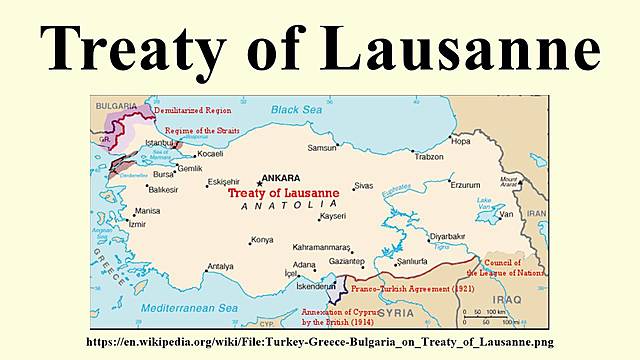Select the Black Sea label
pos(295,109)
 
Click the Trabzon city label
pos(429,157)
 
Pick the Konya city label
pos(262,240)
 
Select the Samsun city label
pos(322,147)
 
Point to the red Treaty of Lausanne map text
pos(283,192)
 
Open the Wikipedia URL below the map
pos(319,342)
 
